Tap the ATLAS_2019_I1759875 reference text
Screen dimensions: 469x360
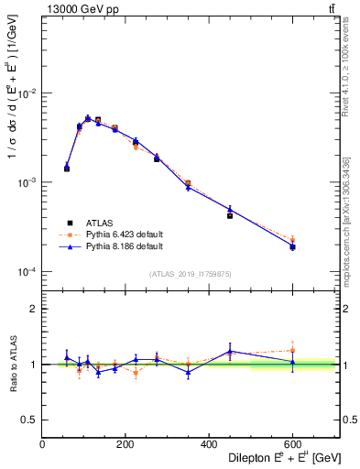pos(191,273)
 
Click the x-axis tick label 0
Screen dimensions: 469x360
pos(42,445)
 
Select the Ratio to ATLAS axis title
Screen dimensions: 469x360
pos(11,364)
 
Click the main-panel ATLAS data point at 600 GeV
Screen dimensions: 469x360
pos(292,247)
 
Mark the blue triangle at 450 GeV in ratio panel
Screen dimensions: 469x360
pos(230,351)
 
